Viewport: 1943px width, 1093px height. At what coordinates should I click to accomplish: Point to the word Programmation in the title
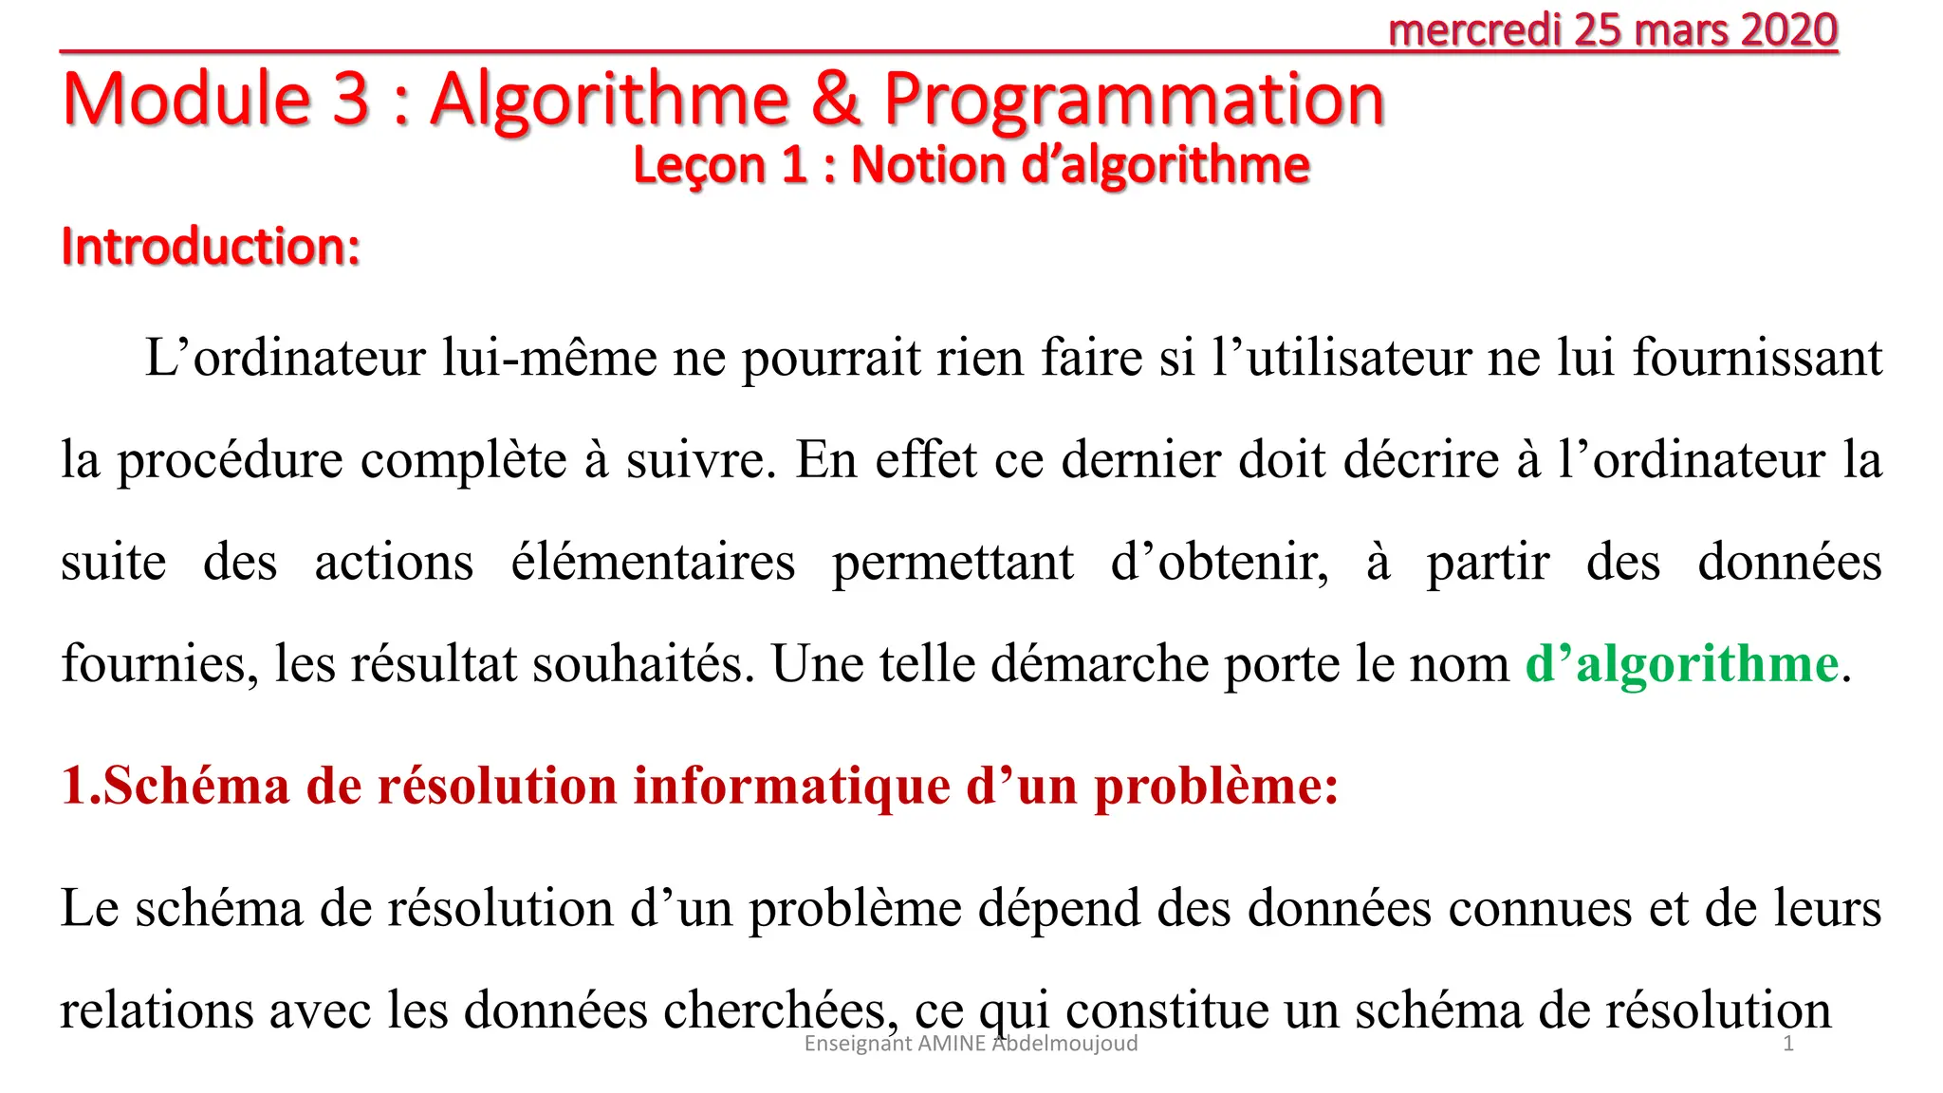coord(1134,101)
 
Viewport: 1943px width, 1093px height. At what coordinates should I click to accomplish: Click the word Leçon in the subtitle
coord(699,165)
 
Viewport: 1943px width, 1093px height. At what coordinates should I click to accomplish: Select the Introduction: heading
coord(211,247)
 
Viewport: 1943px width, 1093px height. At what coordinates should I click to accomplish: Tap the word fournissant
coord(1757,358)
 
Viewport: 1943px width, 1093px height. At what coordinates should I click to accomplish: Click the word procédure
coord(230,460)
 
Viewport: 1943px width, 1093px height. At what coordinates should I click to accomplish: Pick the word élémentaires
coord(653,562)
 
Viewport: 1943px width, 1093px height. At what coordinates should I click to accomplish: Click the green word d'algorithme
coord(1682,663)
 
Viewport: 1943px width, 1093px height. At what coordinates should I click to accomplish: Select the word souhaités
coord(643,663)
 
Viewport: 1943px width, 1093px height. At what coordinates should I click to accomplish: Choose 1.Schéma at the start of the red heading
coord(176,787)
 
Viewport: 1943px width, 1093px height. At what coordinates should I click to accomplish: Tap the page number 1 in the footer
coord(1788,1044)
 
